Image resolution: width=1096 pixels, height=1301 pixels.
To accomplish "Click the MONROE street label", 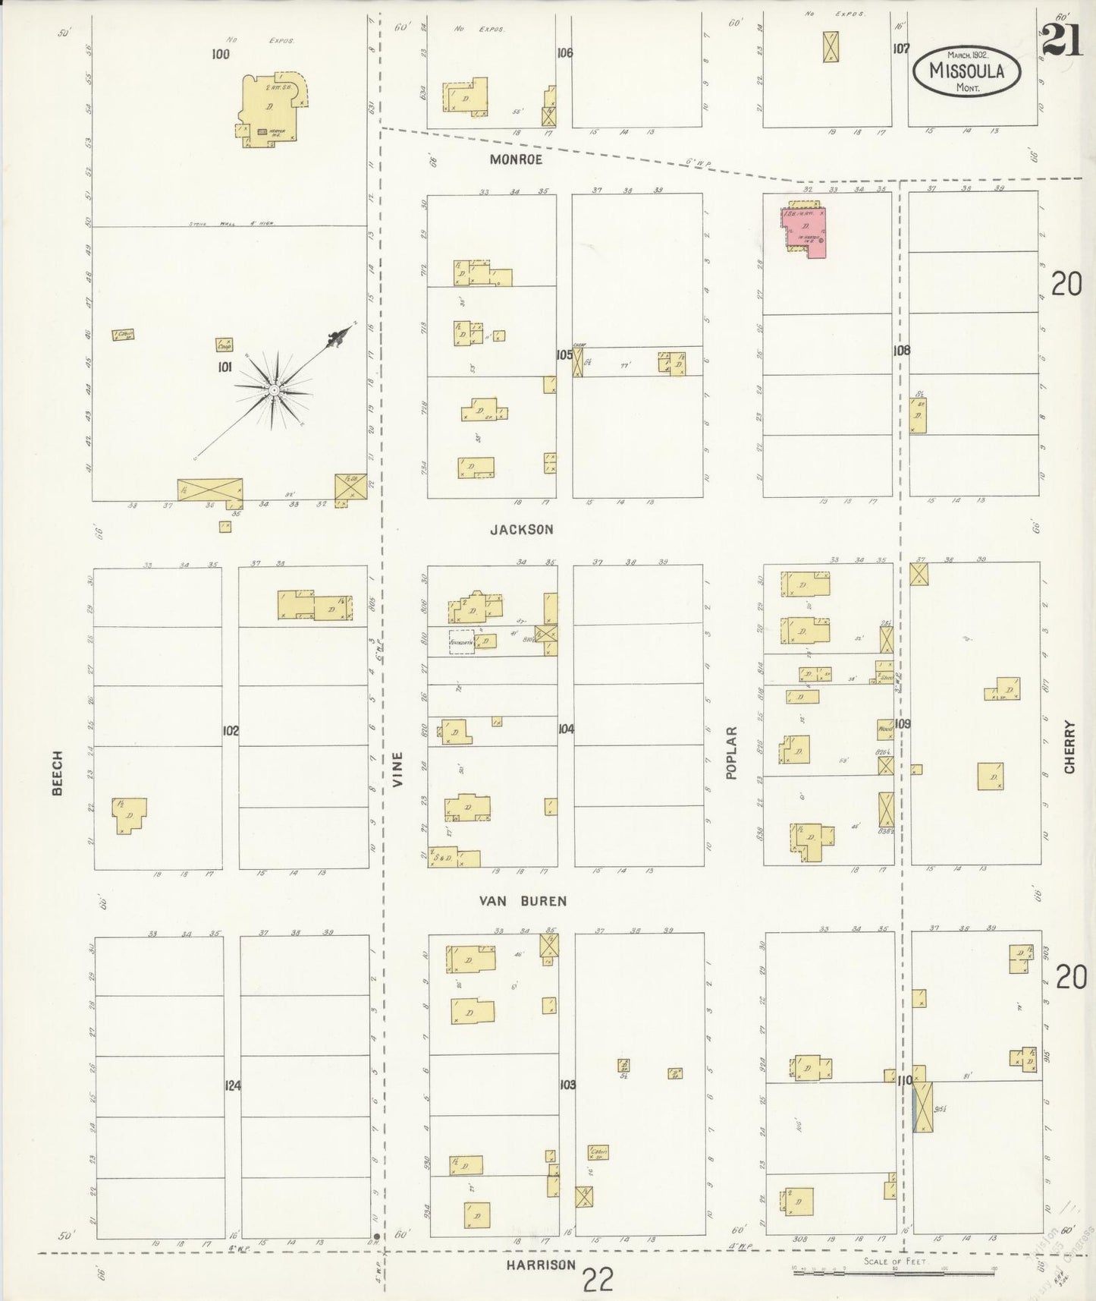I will pyautogui.click(x=516, y=159).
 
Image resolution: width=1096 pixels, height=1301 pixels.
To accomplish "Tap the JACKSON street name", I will pyautogui.click(x=521, y=530).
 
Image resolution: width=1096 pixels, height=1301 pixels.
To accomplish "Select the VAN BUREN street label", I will pyautogui.click(x=523, y=901).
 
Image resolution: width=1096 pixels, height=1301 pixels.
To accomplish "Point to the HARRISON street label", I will pyautogui.click(x=542, y=1265).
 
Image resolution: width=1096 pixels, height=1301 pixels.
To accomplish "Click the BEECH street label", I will pyautogui.click(x=58, y=773).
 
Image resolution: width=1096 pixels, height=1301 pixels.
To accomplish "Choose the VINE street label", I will pyautogui.click(x=397, y=768).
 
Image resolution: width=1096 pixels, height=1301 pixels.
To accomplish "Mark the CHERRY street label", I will pyautogui.click(x=1069, y=747).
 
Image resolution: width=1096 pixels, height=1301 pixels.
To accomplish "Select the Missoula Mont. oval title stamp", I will pyautogui.click(x=966, y=71).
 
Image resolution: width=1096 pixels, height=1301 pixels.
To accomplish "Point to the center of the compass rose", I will pyautogui.click(x=273, y=389).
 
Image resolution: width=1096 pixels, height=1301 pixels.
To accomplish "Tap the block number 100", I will pyautogui.click(x=221, y=54).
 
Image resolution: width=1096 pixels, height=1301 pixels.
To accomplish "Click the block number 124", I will pyautogui.click(x=232, y=1086).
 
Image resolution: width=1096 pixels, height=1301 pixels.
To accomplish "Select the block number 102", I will pyautogui.click(x=231, y=731).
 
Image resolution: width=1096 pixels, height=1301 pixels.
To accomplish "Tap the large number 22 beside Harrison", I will pyautogui.click(x=598, y=1281).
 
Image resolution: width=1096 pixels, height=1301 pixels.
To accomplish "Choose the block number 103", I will pyautogui.click(x=567, y=1085).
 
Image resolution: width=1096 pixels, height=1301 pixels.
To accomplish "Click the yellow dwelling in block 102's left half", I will pyautogui.click(x=130, y=815).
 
